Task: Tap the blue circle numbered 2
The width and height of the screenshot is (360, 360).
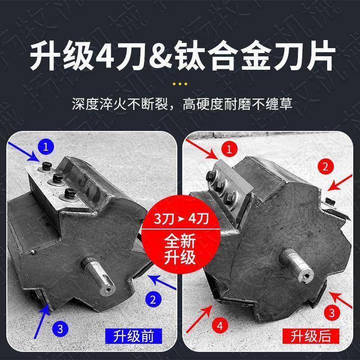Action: pyautogui.click(x=153, y=298)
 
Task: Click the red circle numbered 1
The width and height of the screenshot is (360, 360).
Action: pyautogui.click(x=229, y=149)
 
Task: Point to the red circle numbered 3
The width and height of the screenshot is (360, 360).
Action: pyautogui.click(x=331, y=311)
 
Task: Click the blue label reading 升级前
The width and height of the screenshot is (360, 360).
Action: pyautogui.click(x=130, y=336)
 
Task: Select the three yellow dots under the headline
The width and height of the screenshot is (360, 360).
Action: pyautogui.click(x=180, y=84)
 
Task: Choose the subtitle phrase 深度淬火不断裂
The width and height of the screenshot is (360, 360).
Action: pyautogui.click(x=122, y=105)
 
